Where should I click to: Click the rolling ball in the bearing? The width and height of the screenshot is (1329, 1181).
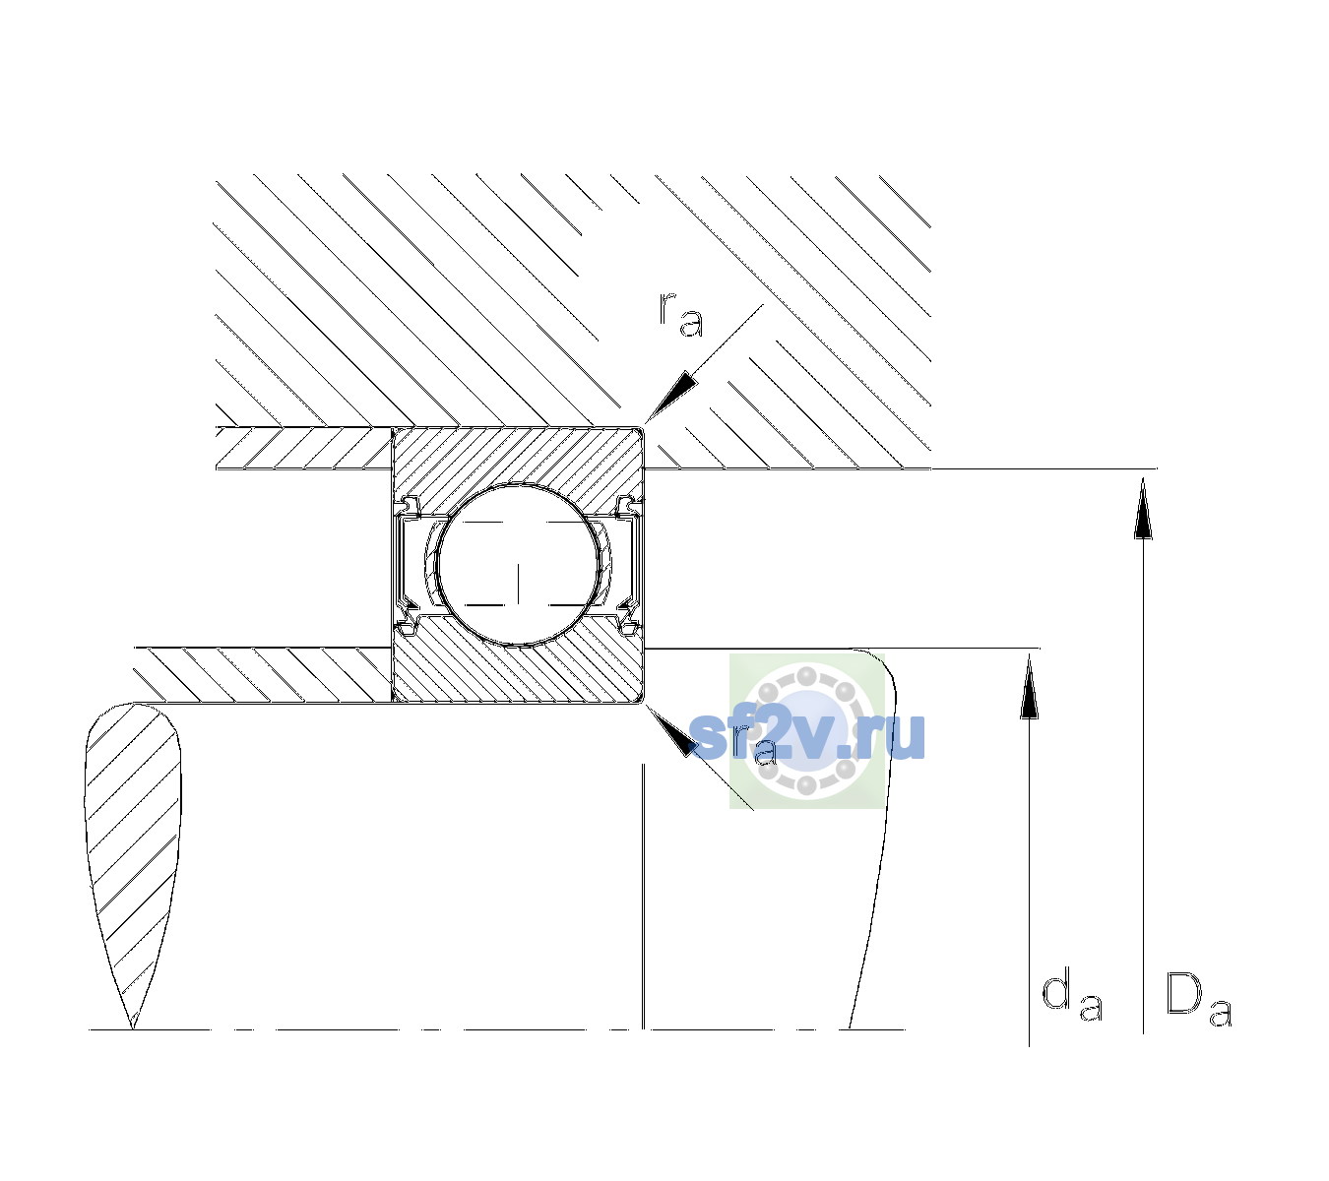(518, 565)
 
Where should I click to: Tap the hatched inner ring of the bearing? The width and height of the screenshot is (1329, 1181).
(518, 674)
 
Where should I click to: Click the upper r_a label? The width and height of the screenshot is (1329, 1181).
(681, 315)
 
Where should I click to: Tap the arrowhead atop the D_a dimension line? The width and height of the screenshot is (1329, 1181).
(1143, 509)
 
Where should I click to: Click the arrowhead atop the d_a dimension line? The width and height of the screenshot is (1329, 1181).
(1029, 687)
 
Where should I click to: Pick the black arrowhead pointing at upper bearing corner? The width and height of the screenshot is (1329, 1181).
(671, 396)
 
